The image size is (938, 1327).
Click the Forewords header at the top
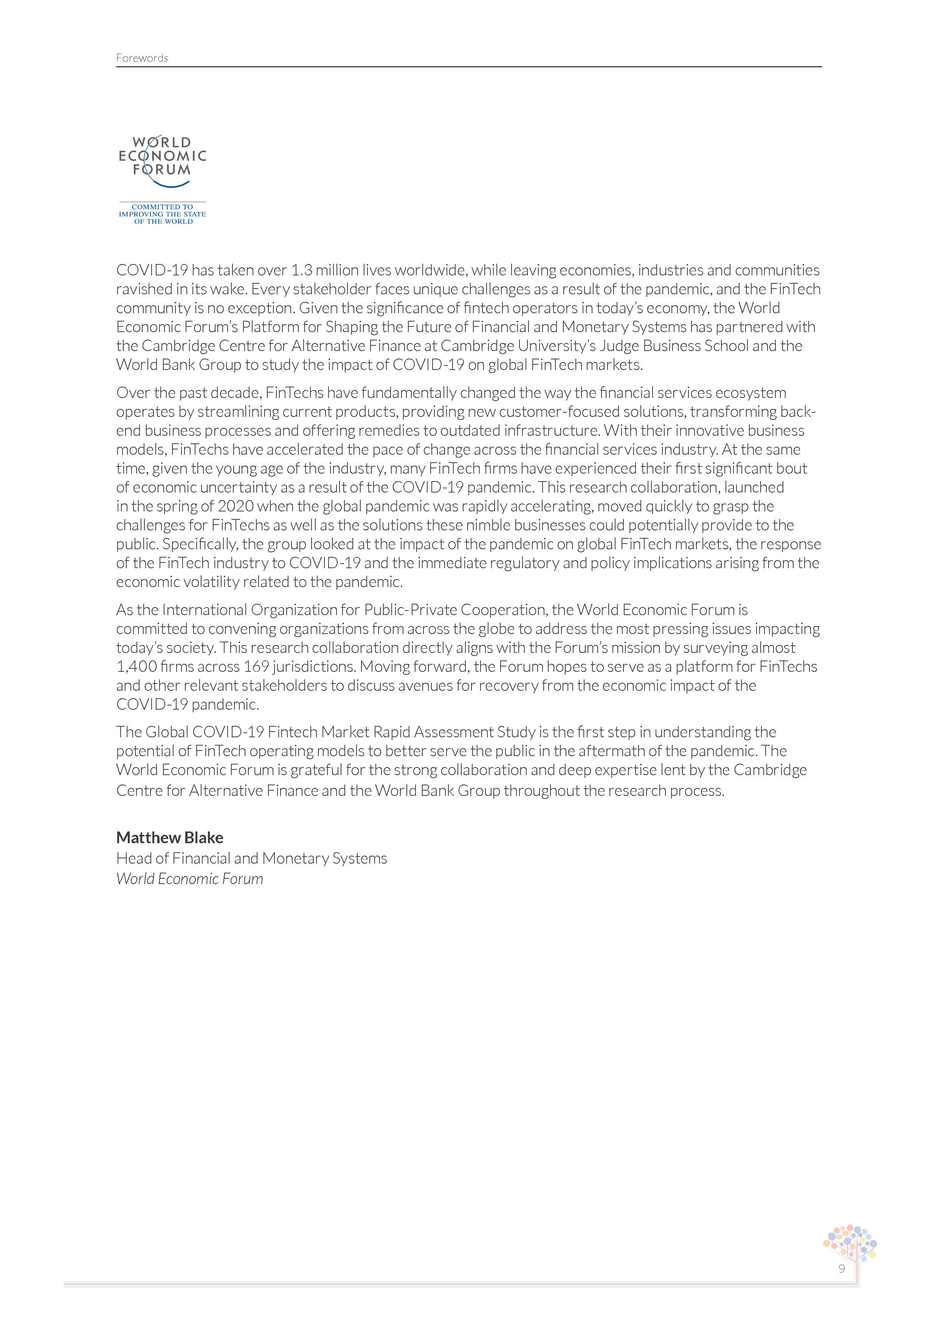click(141, 58)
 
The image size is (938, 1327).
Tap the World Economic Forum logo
click(162, 162)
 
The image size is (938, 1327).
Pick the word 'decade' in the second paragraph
click(237, 393)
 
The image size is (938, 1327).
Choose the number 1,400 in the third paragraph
click(136, 667)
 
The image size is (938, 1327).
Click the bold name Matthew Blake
click(170, 838)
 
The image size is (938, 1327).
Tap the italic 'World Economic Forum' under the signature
click(189, 879)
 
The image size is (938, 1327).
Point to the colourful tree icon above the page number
click(850, 1243)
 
